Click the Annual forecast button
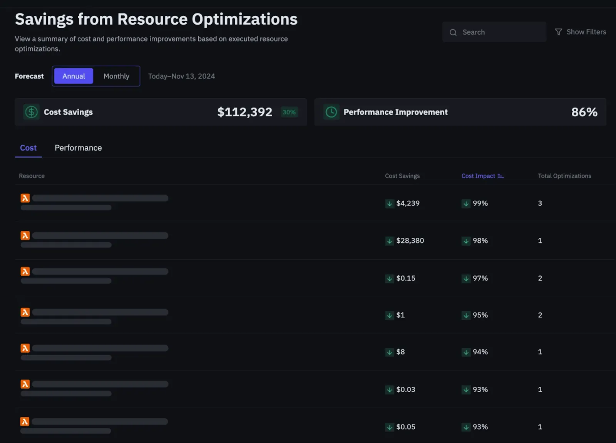74,76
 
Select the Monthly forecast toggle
116,76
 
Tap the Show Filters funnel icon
558,32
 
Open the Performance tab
78,148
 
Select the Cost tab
28,148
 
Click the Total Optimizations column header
564,176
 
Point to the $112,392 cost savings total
244,112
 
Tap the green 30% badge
289,112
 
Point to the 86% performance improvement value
584,112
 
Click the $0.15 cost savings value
406,278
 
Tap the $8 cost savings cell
400,352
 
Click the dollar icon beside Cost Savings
31,112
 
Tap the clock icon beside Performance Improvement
331,112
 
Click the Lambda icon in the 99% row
25,198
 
